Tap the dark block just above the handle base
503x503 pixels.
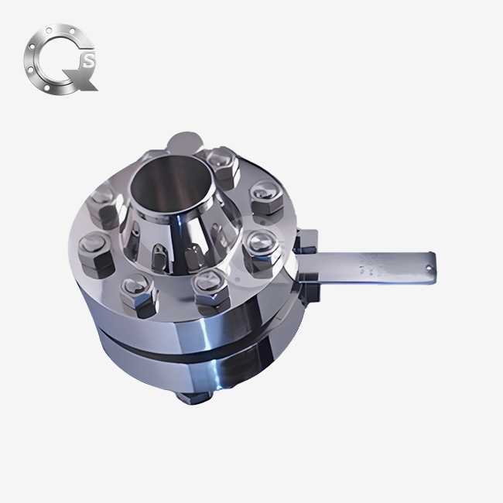click(x=306, y=241)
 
